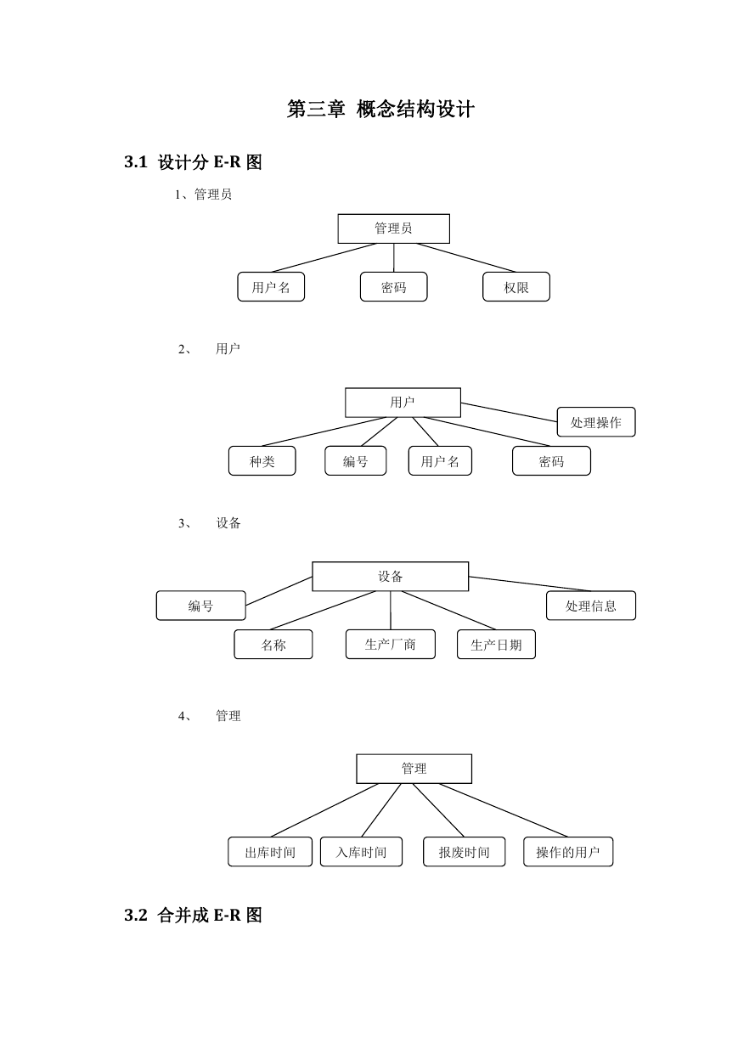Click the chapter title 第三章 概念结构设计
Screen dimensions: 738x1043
[380, 110]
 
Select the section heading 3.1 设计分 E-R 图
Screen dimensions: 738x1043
[194, 162]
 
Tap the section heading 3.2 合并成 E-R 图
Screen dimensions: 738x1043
[194, 915]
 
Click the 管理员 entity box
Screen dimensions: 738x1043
[393, 228]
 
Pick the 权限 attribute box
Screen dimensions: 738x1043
[515, 287]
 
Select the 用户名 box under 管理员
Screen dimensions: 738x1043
[271, 287]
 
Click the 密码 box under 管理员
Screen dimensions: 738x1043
[393, 287]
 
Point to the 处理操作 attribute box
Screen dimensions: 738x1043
[596, 422]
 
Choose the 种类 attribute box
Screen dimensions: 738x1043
[262, 461]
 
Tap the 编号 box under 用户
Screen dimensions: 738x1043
[356, 461]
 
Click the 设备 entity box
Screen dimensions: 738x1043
[390, 577]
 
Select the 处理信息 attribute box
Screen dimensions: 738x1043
[591, 606]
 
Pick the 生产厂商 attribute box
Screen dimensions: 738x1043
[390, 645]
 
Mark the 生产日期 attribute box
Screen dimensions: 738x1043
[496, 645]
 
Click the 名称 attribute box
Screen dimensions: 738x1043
[273, 645]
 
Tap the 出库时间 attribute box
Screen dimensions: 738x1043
[270, 852]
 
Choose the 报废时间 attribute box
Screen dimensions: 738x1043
[465, 852]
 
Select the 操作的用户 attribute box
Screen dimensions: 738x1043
[568, 852]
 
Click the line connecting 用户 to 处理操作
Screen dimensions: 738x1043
[509, 413]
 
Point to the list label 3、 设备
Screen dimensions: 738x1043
[210, 523]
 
